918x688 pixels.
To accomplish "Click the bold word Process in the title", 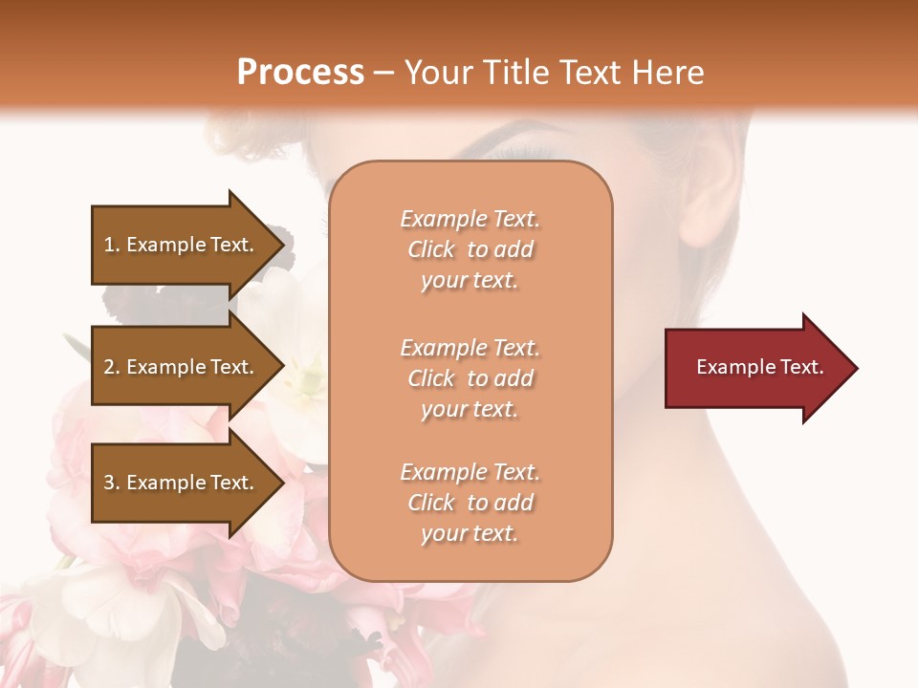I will coord(300,73).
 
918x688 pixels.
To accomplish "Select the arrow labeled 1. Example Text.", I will coord(182,245).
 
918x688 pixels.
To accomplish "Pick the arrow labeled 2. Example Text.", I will coord(182,367).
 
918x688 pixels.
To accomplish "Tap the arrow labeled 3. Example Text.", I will coord(182,483).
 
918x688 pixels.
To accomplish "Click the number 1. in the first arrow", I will coord(112,245).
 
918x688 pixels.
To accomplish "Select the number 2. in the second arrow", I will coord(112,367).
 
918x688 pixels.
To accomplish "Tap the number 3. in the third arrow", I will coord(112,483).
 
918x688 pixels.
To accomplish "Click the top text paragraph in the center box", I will coord(470,249).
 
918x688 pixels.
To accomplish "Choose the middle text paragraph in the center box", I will coord(470,378).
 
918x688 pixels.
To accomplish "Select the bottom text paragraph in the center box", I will coord(470,503).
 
